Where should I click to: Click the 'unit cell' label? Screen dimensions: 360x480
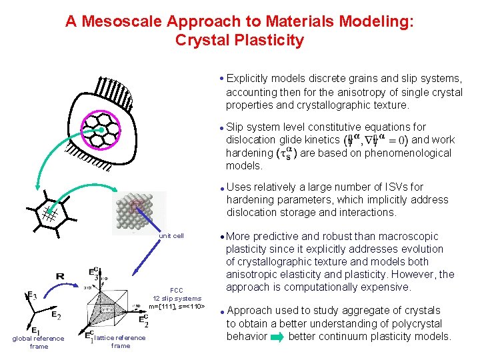(171, 236)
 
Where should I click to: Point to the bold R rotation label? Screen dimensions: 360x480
(60, 275)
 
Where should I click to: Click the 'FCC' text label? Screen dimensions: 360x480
(177, 290)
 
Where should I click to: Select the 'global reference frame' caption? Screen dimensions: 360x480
(39, 342)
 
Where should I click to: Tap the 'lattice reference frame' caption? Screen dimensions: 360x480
(121, 341)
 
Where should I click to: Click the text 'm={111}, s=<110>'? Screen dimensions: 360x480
(177, 306)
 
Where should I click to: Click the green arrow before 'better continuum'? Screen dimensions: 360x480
(276, 337)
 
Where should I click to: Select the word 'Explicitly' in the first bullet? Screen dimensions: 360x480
(250, 79)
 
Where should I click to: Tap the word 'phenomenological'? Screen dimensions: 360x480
(409, 153)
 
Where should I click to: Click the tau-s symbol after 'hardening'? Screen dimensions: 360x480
(286, 153)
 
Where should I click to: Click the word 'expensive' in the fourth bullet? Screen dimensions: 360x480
(387, 287)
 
